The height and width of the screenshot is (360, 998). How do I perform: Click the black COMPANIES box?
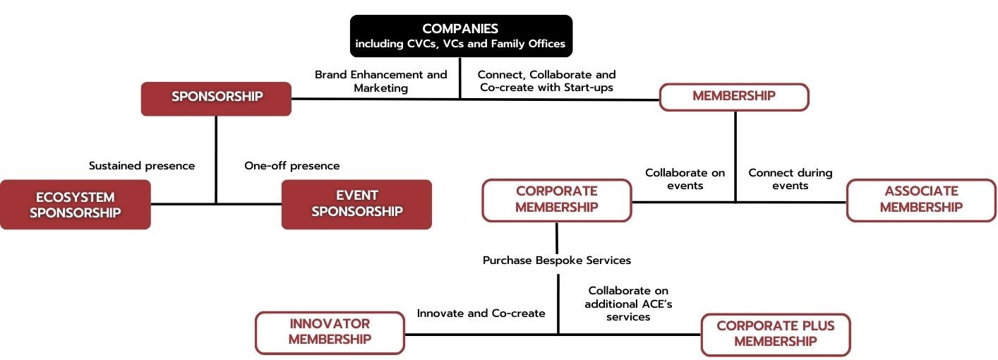point(461,36)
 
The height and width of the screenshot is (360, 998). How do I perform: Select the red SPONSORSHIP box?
point(216,98)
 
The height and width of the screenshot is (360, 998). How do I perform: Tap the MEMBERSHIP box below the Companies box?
point(734,97)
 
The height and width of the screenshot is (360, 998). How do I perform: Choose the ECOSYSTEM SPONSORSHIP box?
point(76,205)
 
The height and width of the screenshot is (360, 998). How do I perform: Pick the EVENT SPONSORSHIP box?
point(356,204)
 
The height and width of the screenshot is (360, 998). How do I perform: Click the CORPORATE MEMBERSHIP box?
point(556,200)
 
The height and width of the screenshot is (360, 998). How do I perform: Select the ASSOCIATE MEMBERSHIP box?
point(921,200)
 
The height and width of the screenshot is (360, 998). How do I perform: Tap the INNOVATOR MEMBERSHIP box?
point(330,332)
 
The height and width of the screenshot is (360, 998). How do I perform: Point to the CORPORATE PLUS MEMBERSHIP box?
point(775,334)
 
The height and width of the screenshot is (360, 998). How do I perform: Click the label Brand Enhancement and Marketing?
point(381,81)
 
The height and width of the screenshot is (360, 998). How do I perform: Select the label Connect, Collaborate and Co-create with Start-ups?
point(547,81)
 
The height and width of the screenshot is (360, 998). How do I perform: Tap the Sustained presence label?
point(142,166)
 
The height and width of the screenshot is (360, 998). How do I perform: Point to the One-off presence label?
point(291,166)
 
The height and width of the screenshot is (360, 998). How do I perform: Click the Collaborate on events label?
point(685,179)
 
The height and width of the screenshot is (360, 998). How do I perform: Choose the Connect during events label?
point(790,179)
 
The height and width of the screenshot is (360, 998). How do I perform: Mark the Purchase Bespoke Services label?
point(556,260)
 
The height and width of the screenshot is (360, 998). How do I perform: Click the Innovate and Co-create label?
point(481,313)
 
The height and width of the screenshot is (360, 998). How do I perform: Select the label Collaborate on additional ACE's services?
point(628,304)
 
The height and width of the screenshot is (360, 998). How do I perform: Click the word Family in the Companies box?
point(507,44)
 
